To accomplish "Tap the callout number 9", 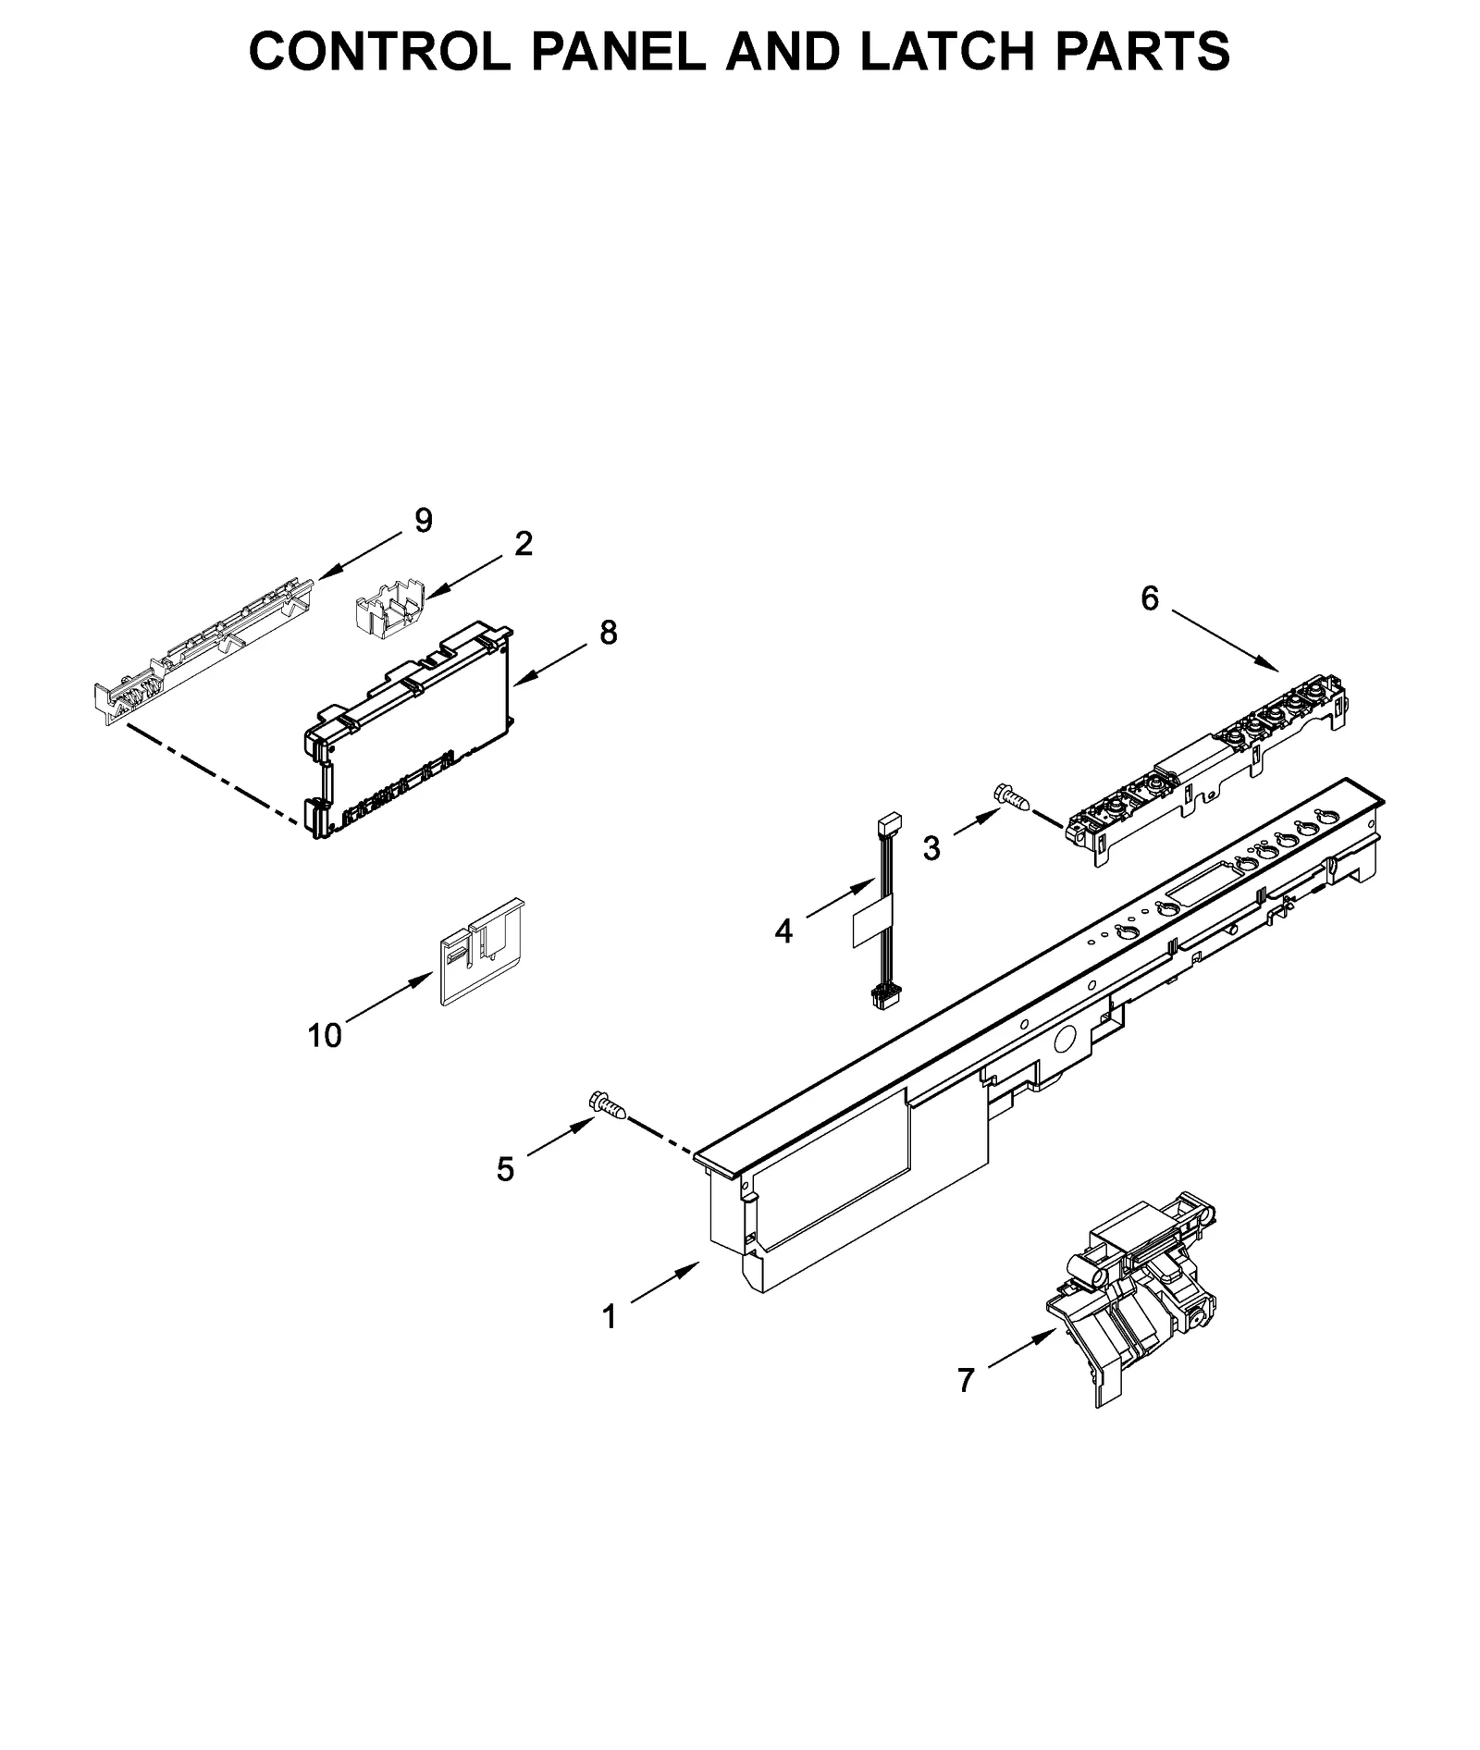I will (x=423, y=521).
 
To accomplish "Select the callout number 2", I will (x=524, y=544).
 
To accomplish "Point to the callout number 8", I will (x=608, y=633).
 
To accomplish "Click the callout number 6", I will (x=1149, y=599).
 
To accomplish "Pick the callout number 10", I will (x=325, y=1036).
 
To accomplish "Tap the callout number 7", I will (x=966, y=1381).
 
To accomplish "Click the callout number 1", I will (x=609, y=1317).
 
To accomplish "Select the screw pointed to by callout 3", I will (x=1010, y=795).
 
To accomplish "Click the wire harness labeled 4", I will (x=882, y=906).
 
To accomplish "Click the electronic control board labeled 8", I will (x=407, y=731).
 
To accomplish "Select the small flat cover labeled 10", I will (x=479, y=953).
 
